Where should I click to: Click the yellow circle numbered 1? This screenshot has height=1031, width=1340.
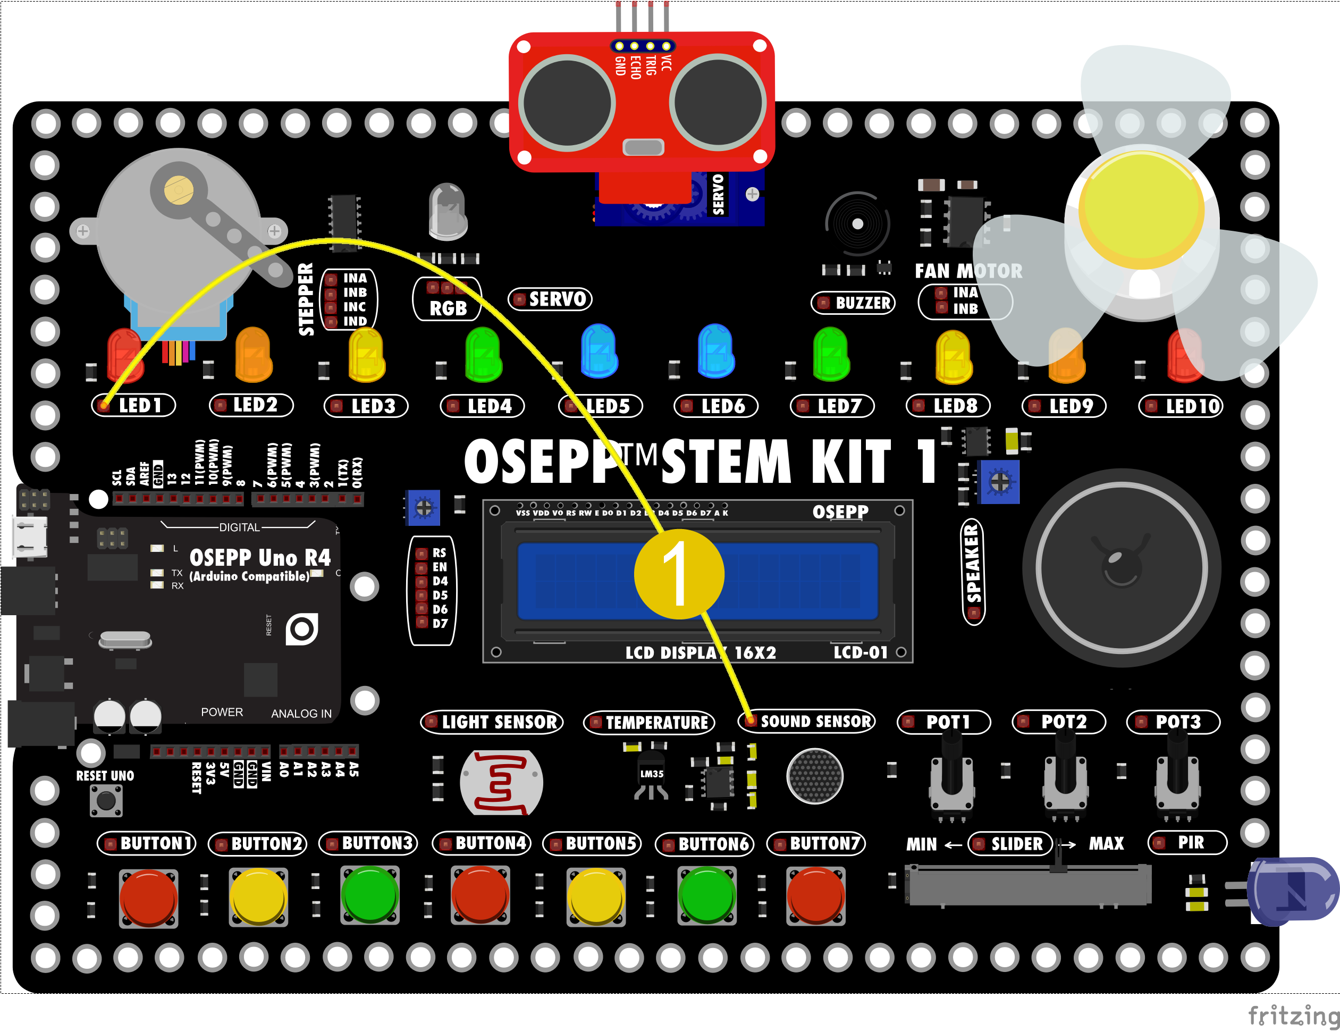pyautogui.click(x=679, y=574)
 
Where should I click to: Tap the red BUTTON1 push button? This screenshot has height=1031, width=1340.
pyautogui.click(x=148, y=896)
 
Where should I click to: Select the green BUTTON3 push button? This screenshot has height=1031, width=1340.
pyautogui.click(x=369, y=895)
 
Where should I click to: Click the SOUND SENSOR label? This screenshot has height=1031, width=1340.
pyautogui.click(x=815, y=721)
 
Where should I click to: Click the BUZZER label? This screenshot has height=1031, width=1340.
pyautogui.click(x=862, y=303)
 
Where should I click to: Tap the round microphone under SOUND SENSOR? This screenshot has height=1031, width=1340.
pyautogui.click(x=815, y=776)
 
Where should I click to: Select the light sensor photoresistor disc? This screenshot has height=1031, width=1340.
pyautogui.click(x=501, y=783)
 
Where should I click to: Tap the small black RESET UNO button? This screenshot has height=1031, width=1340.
pyautogui.click(x=106, y=801)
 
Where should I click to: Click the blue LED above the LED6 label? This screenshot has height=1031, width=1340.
pyautogui.click(x=715, y=351)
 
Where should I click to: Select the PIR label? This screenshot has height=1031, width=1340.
pyautogui.click(x=1190, y=843)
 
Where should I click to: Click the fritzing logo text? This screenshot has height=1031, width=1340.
pyautogui.click(x=1293, y=1016)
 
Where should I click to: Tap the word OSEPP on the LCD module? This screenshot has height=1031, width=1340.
pyautogui.click(x=840, y=512)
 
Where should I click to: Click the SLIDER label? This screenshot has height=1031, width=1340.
pyautogui.click(x=1016, y=844)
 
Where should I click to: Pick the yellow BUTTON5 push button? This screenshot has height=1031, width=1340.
pyautogui.click(x=596, y=896)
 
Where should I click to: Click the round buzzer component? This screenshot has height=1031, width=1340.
pyautogui.click(x=857, y=224)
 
